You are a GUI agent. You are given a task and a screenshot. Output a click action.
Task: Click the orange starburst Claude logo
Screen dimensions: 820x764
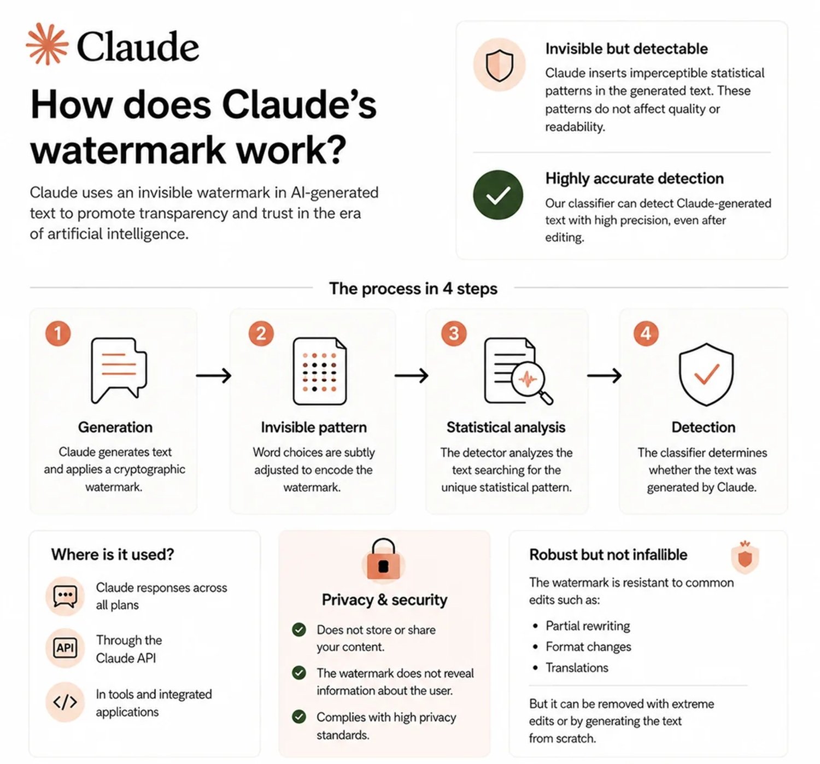[x=47, y=44]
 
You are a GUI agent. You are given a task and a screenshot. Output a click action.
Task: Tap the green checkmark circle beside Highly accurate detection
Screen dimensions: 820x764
[x=498, y=195]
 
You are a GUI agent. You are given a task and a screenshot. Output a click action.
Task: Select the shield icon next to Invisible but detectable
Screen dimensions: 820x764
[x=499, y=65]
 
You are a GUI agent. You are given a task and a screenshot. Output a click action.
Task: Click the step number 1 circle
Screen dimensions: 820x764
[x=58, y=333]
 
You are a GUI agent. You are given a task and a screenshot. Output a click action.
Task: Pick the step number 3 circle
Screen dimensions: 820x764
[x=454, y=333]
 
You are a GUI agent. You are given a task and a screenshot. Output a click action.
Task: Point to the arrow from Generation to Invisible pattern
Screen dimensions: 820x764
[x=213, y=375]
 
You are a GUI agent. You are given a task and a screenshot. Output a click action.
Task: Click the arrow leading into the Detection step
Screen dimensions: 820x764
[x=604, y=375]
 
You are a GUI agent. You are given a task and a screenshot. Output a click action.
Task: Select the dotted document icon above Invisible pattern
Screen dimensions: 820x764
[x=320, y=371]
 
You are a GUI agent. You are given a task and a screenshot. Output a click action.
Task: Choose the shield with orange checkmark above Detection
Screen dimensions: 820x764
[x=706, y=374]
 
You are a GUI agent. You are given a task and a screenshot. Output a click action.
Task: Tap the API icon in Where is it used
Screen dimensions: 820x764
[x=65, y=648]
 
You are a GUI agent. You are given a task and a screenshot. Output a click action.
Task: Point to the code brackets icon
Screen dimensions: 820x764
[x=65, y=702]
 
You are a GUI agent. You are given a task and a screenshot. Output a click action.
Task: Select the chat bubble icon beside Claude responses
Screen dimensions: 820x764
[x=65, y=596]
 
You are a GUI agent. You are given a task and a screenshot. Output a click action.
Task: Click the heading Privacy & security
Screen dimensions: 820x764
[x=384, y=600]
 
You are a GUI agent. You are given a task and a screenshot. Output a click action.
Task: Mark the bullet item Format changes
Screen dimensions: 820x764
[x=588, y=647]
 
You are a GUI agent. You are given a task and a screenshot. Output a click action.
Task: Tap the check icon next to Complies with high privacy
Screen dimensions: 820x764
[x=299, y=717]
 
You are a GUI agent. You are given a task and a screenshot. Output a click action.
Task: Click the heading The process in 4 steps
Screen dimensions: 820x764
[x=413, y=288]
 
